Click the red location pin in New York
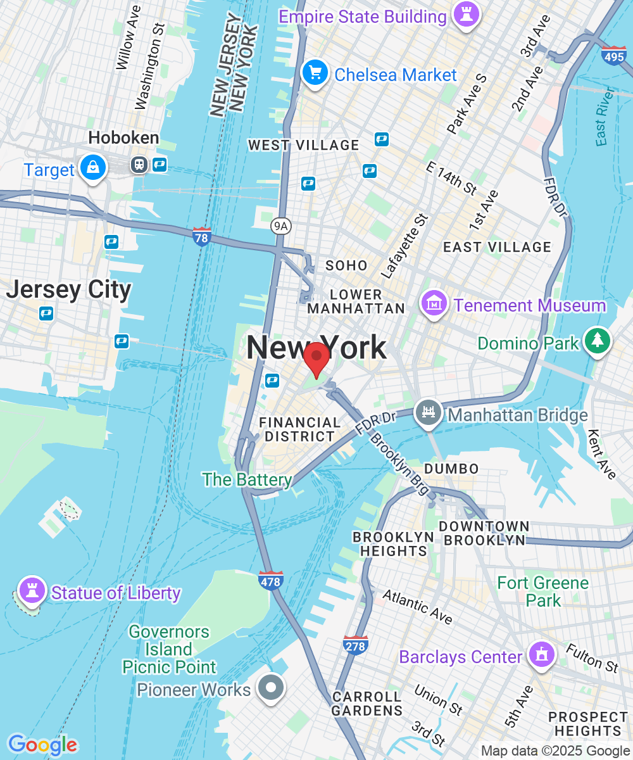(316, 358)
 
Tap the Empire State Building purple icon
(467, 15)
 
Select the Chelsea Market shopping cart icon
(315, 74)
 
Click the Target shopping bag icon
(93, 168)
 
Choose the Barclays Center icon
(542, 655)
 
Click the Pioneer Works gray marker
(272, 687)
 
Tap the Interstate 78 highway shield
(201, 237)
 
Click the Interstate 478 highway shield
(271, 580)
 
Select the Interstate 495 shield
(614, 56)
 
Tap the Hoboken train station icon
(139, 165)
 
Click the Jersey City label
(68, 290)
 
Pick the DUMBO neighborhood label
(451, 469)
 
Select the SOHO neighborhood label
(346, 265)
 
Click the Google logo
(42, 745)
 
